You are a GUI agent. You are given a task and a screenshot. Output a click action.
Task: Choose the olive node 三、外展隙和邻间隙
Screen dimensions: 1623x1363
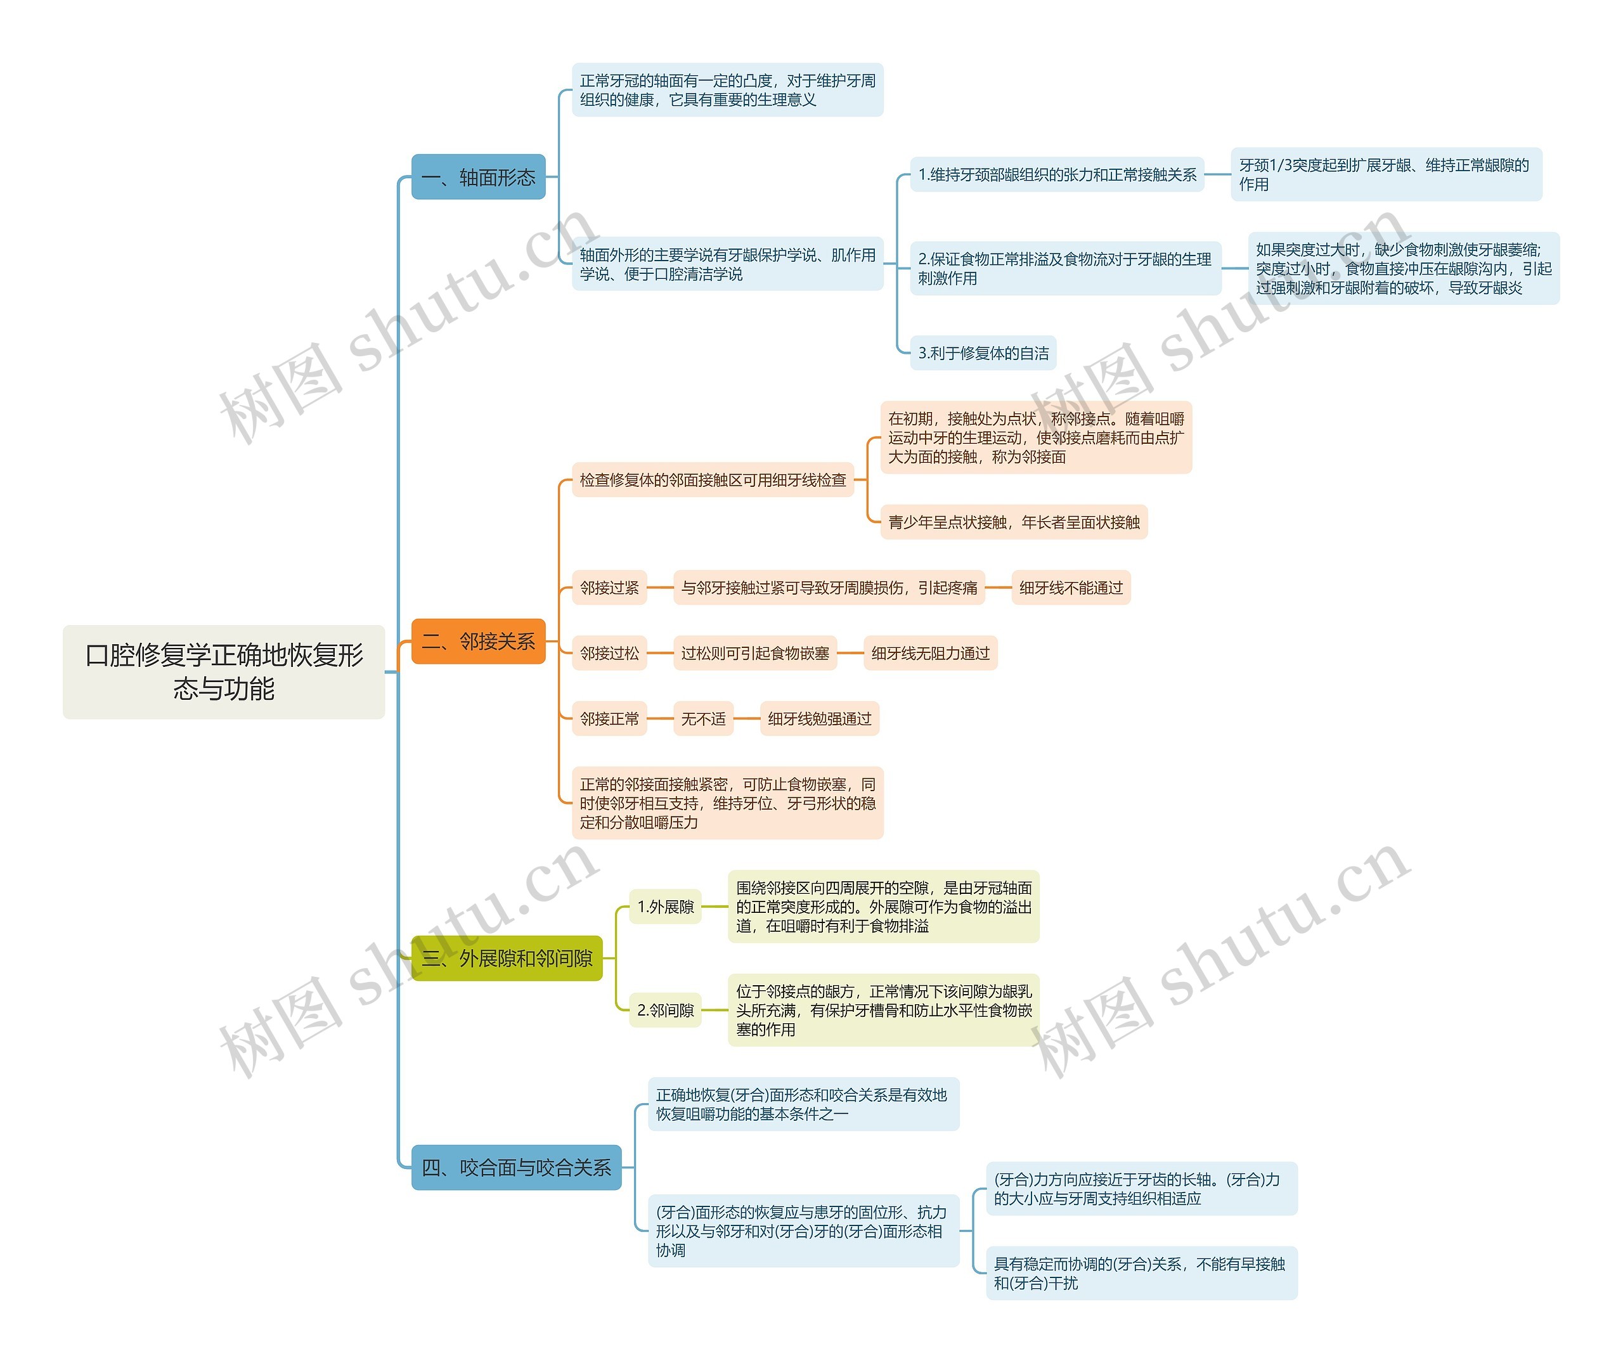tap(506, 958)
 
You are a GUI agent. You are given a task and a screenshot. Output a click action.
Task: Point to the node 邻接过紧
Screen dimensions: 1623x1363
tap(609, 588)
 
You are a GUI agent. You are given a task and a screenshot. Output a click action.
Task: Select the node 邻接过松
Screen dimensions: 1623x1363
tap(609, 653)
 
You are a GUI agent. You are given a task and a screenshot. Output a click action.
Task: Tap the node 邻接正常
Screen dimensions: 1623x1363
tap(609, 719)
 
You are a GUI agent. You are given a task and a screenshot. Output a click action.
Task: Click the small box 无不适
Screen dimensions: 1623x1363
tap(702, 719)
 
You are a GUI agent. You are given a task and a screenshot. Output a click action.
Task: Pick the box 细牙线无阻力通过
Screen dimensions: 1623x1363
tap(930, 653)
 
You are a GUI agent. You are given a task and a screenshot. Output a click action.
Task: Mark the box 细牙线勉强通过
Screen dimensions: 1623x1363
tap(819, 719)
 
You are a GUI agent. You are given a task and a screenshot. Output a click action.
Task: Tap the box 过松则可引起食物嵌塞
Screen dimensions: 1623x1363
tap(754, 653)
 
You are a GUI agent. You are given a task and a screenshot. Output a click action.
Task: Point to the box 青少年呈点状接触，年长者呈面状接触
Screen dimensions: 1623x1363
tap(1013, 522)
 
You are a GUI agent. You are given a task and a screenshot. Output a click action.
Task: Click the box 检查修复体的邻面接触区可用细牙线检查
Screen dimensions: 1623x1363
tap(713, 480)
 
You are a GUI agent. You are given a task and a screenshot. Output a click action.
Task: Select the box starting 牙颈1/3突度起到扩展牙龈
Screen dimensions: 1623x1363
tap(1385, 174)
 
